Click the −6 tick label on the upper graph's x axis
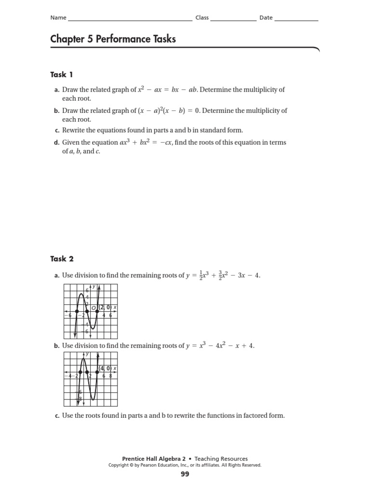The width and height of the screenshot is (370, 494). point(69,315)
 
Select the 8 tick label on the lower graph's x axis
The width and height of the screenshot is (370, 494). point(110,376)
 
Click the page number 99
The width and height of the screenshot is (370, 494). point(185,474)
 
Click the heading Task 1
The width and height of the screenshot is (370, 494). point(62,74)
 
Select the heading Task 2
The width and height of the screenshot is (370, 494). point(62,259)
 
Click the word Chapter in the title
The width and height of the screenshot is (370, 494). point(66,39)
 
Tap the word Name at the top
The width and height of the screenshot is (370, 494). point(58,18)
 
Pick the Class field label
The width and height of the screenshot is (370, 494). point(202,18)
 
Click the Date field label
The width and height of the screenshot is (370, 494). point(266,18)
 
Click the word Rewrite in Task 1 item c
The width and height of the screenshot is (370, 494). point(73,130)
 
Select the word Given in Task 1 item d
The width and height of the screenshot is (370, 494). point(71,142)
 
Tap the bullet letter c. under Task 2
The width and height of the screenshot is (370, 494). point(57,415)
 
